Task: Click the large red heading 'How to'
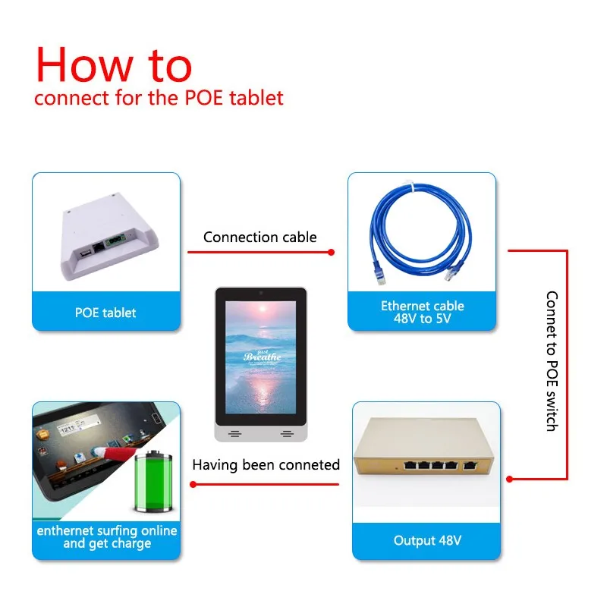coord(114,64)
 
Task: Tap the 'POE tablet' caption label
coord(105,313)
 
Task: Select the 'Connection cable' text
coord(259,237)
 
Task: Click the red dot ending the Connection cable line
coord(331,253)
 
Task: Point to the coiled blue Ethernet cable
coord(421,232)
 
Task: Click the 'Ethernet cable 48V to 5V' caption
coord(423,312)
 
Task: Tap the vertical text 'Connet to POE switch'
coord(552,361)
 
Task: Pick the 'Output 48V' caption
coord(427,540)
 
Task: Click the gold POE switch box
coord(424,446)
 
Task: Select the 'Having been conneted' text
coord(266,464)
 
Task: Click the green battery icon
coord(153,481)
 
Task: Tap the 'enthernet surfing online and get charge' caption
coord(107,537)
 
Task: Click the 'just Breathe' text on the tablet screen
coord(262,355)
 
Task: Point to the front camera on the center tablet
coord(261,293)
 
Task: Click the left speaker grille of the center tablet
coord(234,434)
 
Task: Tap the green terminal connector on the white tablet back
coord(115,241)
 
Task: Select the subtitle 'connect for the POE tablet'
coord(159,98)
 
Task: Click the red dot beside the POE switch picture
coord(509,480)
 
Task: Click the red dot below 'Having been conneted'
coord(193,484)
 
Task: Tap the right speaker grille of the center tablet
coord(288,434)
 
